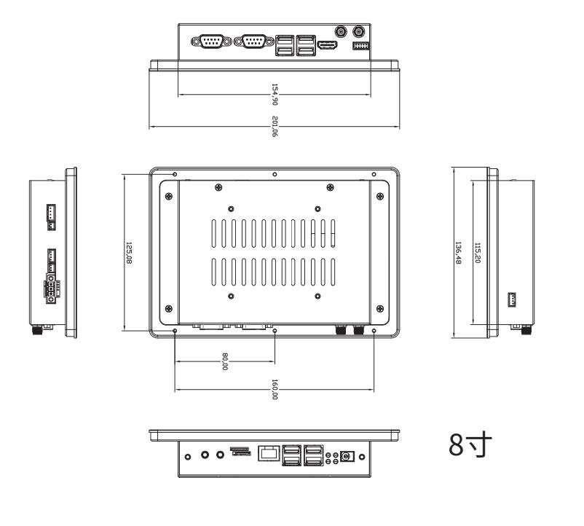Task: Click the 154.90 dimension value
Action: pos(275,94)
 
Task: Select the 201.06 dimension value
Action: pos(275,126)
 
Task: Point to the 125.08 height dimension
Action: pos(128,253)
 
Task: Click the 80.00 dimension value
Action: pos(225,361)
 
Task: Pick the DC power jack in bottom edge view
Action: pos(347,456)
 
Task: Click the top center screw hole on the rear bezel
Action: pos(274,175)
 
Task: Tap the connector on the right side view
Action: pos(512,299)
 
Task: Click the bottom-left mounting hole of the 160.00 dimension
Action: pos(175,331)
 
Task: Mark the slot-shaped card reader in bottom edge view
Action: pos(240,452)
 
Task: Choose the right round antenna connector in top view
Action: pos(358,32)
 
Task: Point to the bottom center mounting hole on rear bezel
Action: pos(275,331)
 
